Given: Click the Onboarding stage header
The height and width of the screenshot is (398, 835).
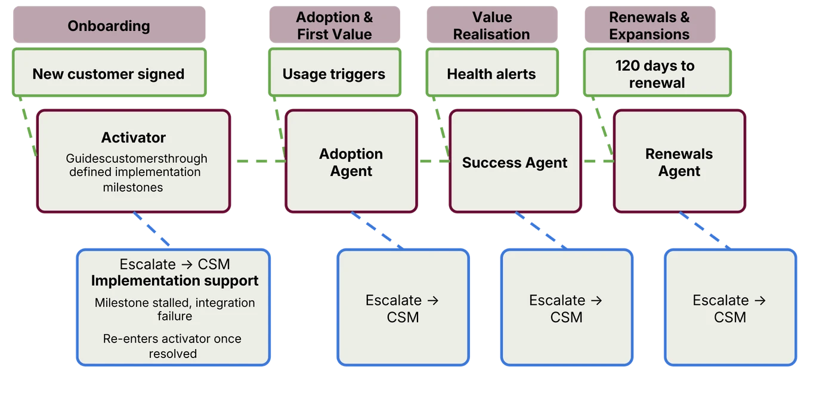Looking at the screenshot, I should coord(109,26).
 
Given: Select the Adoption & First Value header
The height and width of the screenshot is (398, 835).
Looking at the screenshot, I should coord(334,26).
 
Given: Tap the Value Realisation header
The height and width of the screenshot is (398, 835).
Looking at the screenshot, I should coord(491,26).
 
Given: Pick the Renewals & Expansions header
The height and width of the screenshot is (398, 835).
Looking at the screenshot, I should coord(650,26).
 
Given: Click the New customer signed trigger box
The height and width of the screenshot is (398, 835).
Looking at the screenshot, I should coord(109,74).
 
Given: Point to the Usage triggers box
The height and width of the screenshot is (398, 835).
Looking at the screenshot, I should coord(334,74).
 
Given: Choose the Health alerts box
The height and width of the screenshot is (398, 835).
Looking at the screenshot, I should coord(491,74).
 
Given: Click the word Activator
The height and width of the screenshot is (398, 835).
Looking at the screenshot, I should coord(134,138).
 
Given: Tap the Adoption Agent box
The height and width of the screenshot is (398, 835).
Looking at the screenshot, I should coord(351,162).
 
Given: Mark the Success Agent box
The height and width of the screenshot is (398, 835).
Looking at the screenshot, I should coord(515,162).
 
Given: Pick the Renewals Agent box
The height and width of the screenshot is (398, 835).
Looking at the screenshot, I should coord(679,162).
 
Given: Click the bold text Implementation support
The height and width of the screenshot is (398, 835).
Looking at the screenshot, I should coord(174,280).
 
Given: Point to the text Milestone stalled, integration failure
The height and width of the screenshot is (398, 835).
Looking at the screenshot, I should coord(174,309).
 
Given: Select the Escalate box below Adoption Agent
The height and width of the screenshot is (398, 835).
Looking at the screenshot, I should coord(403,308).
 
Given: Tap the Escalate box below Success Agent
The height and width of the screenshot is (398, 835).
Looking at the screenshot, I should coord(566,308).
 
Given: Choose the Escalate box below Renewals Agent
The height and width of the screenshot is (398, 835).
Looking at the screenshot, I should coord(729,308).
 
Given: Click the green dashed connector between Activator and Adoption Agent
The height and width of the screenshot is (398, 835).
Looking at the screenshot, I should coord(258,161).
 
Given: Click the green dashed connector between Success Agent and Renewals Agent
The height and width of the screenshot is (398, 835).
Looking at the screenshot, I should coord(597,161).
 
